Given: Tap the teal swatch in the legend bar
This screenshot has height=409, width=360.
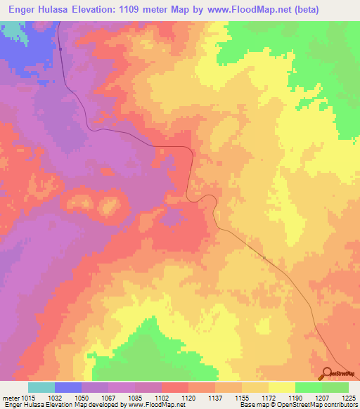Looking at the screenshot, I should click(41, 387).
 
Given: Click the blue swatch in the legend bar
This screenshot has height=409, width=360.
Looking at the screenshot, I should click(68, 387).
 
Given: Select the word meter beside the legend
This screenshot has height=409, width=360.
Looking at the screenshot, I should click(8, 398).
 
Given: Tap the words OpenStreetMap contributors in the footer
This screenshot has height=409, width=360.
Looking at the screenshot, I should click(323, 405).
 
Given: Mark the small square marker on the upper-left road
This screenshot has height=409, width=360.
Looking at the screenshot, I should click(61, 49).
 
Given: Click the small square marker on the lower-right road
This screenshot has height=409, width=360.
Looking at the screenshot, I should click(264, 258).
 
